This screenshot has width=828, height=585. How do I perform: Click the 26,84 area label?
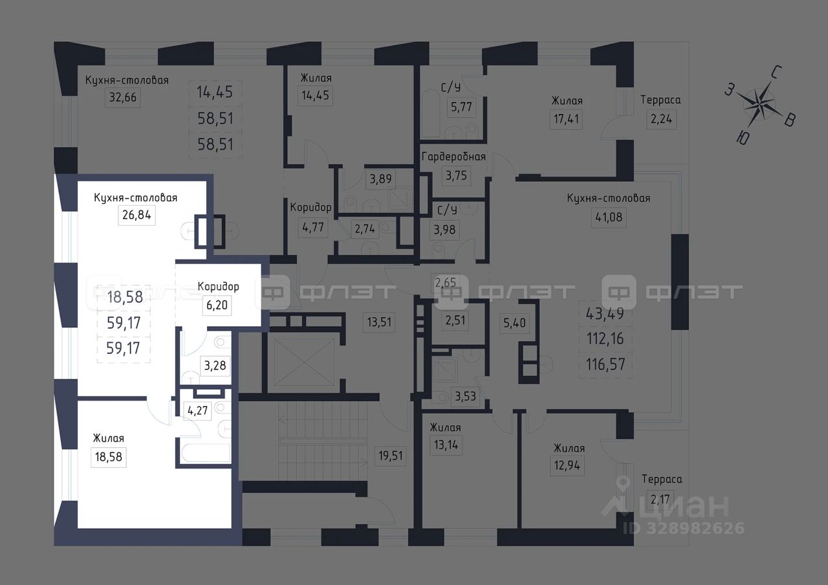[136, 215]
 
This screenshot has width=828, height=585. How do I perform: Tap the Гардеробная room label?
[453, 157]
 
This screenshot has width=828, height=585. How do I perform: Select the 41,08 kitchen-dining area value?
[609, 217]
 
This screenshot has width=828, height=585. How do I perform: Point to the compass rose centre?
[759, 105]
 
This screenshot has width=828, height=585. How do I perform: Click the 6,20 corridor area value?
[217, 305]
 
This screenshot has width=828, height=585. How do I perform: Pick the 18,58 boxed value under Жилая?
[108, 457]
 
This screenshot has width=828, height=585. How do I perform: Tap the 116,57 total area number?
[605, 364]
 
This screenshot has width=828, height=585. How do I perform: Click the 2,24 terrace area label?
[661, 119]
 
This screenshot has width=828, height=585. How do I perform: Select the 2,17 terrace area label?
[660, 500]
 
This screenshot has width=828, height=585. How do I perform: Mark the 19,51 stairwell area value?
[390, 456]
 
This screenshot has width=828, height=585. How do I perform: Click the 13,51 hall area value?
[379, 322]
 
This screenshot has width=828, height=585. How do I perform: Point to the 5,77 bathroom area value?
[461, 107]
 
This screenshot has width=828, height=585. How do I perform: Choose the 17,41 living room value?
[566, 119]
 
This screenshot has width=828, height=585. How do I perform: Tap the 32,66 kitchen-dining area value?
[123, 98]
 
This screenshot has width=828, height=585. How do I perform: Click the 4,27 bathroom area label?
[198, 410]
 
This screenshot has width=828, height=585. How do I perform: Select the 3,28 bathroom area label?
[215, 366]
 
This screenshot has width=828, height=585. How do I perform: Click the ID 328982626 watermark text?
[684, 528]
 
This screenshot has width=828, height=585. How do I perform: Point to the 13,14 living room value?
[446, 445]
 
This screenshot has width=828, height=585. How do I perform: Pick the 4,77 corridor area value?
[313, 227]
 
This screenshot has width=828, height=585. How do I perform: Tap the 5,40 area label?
[514, 323]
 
